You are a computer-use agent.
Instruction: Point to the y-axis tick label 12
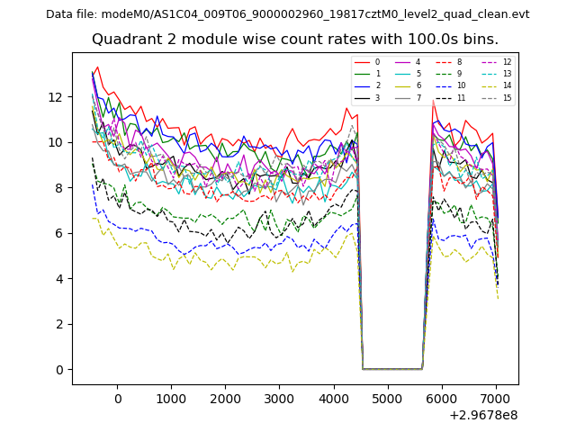[x=58, y=96]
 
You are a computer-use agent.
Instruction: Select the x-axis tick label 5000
[x=387, y=398]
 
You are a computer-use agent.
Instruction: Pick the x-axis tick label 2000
[x=225, y=398]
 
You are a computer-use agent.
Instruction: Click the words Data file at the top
[x=72, y=14]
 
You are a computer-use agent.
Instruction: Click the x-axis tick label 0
[x=117, y=398]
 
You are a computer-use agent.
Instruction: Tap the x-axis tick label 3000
[x=279, y=398]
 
